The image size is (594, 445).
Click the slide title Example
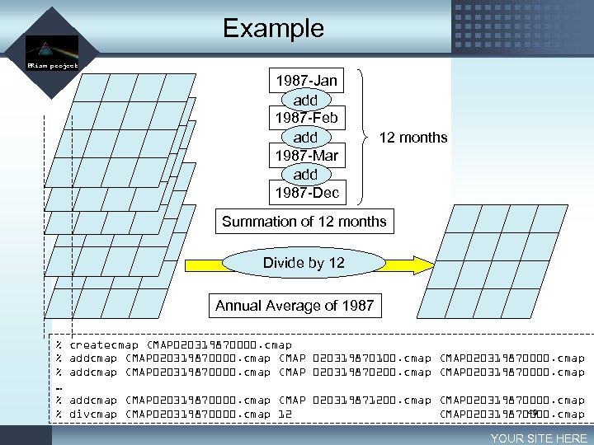[x=273, y=28]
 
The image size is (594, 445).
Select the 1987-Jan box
[x=305, y=81]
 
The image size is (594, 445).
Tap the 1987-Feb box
[x=305, y=118]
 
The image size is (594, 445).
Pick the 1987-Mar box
[x=305, y=155]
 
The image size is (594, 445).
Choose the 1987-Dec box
[x=305, y=193]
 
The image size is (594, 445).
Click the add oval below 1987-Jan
[x=305, y=100]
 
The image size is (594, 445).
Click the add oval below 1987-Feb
[x=305, y=137]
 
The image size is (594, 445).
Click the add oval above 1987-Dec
[x=305, y=174]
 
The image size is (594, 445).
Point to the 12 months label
[x=412, y=138]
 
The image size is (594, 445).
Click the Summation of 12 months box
[x=304, y=221]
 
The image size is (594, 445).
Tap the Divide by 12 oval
[x=304, y=263]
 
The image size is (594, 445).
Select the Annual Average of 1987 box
[x=295, y=306]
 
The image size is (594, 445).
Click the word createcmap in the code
[x=104, y=344]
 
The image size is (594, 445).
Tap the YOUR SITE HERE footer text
[x=538, y=438]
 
